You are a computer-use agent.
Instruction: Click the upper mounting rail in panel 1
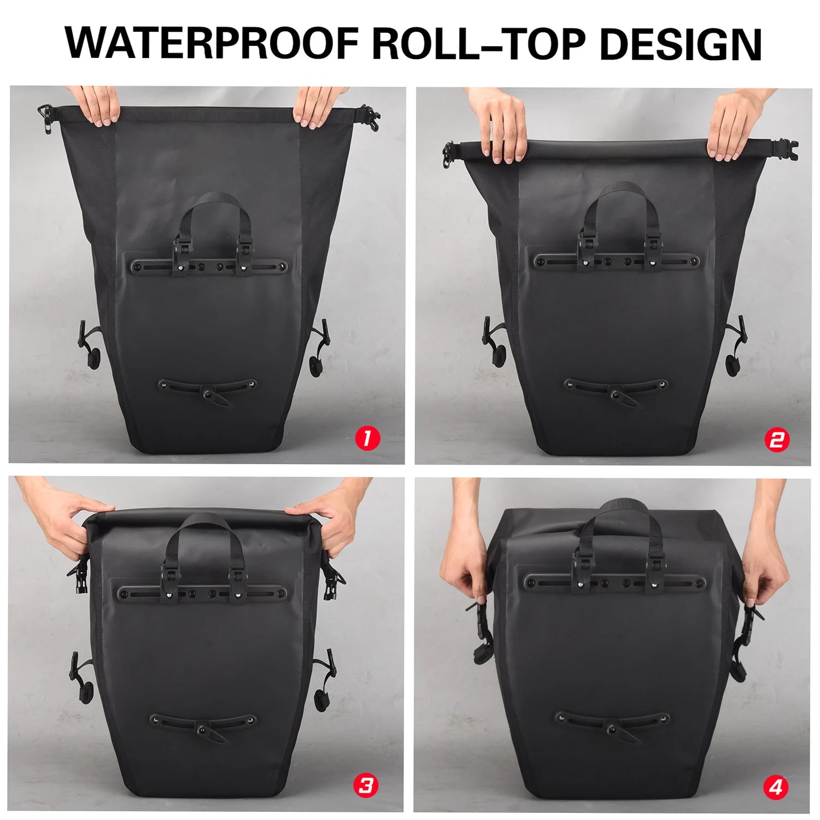point(208,266)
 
